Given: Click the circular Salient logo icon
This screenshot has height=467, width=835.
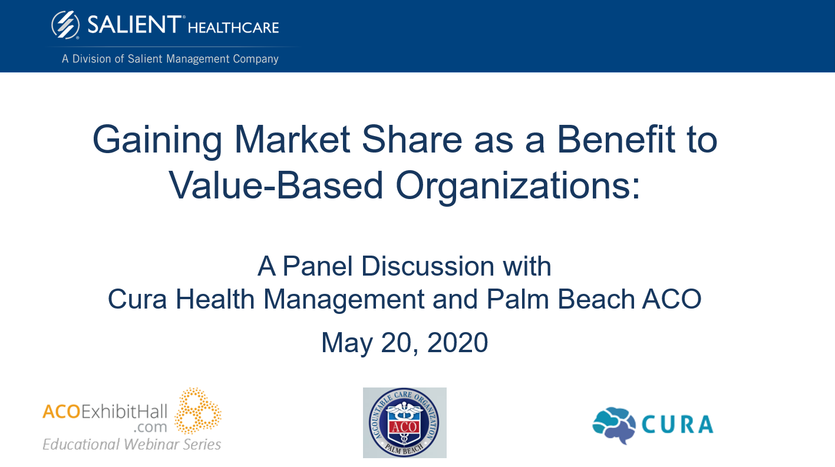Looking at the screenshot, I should point(65,25).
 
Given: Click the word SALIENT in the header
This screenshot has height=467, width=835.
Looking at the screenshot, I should point(134,25).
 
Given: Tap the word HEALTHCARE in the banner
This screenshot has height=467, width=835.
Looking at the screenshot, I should point(233,27).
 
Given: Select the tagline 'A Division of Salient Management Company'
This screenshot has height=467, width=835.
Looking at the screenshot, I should point(170,59).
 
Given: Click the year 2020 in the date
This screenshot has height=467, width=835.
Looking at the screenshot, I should point(457,342).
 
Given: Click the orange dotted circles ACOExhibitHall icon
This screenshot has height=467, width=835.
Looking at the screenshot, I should point(198,410).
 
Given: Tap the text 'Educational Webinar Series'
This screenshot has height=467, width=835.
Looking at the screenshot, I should point(132,444).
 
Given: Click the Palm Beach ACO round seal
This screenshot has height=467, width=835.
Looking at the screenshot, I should point(405,423).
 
